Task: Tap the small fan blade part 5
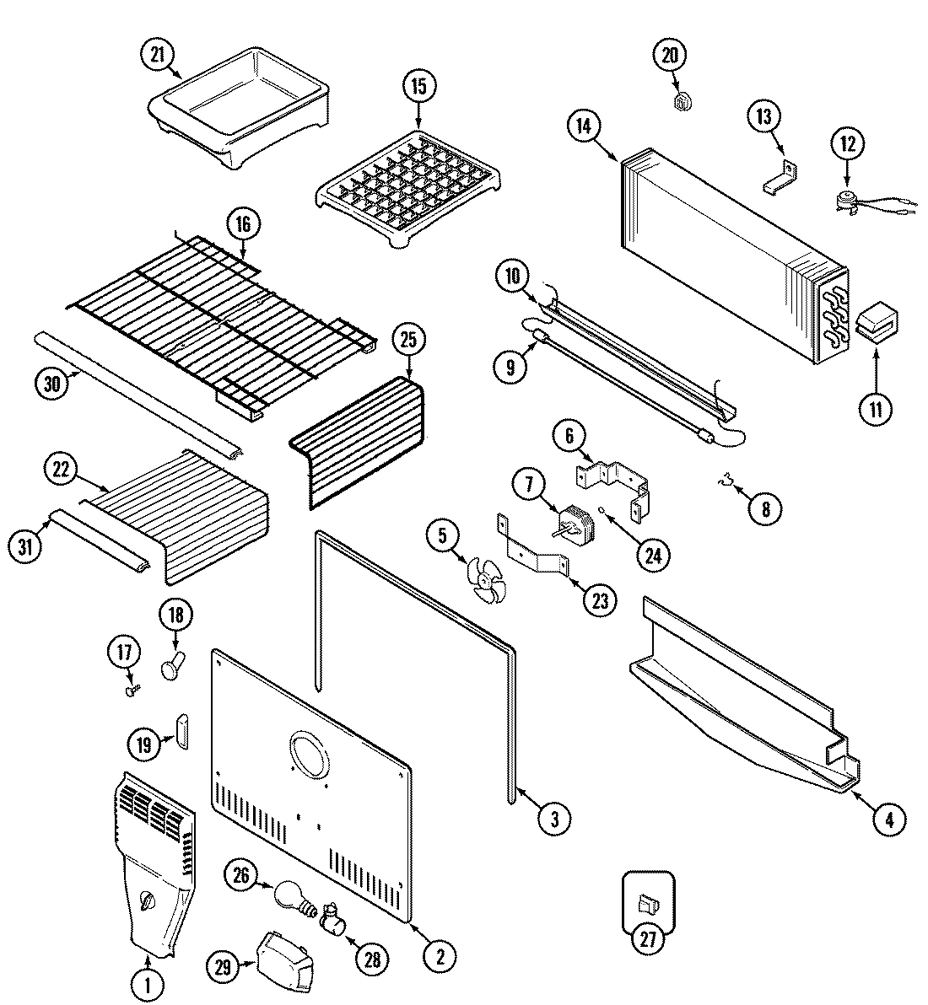pos(488,581)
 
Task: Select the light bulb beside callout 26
pos(290,894)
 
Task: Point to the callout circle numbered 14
pos(582,126)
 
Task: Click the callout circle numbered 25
pos(409,341)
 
